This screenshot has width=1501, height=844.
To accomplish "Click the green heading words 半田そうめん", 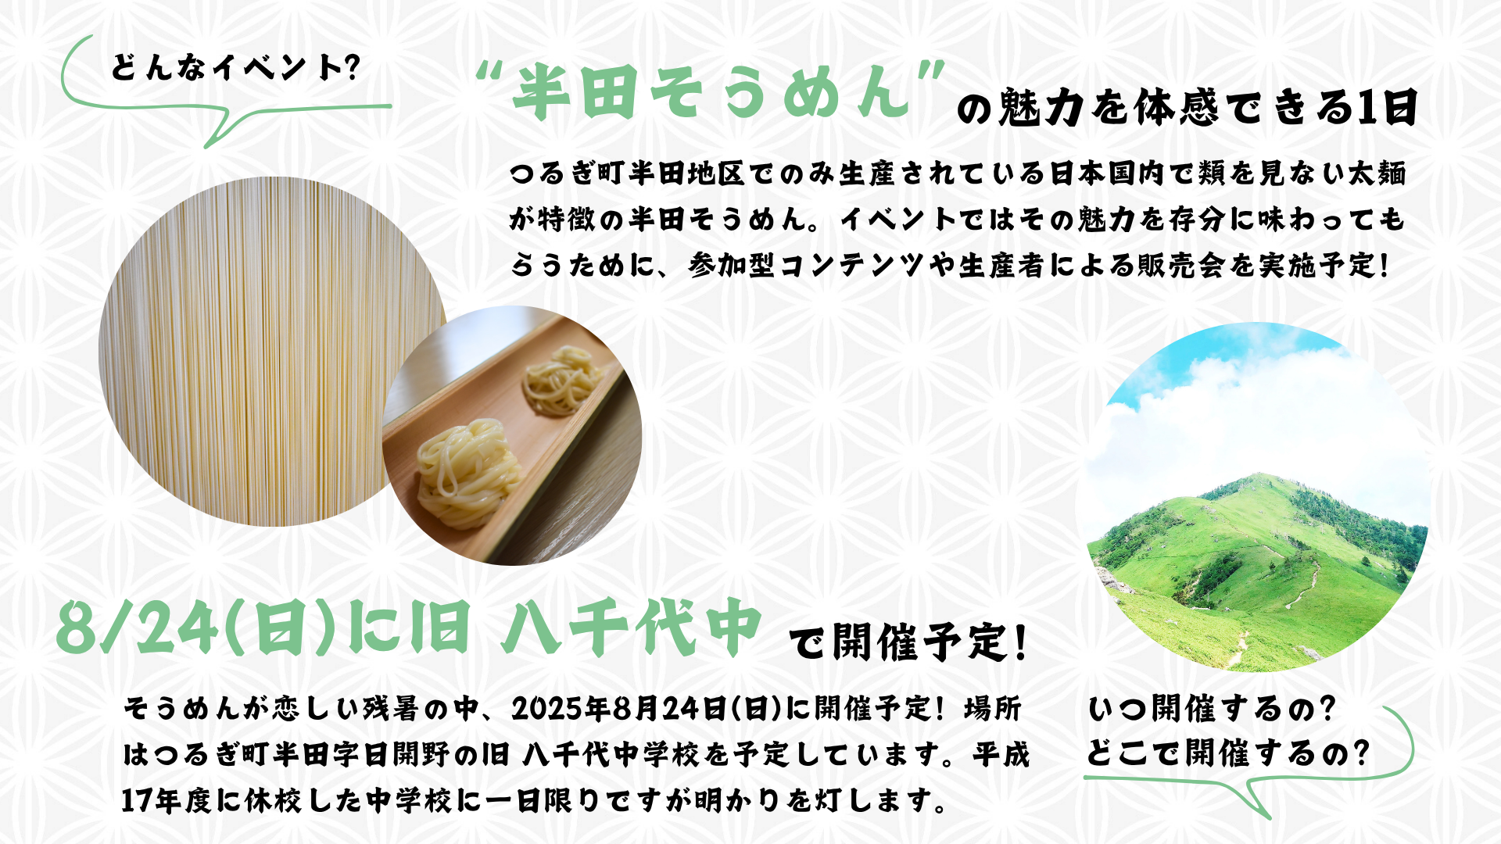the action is tap(711, 92).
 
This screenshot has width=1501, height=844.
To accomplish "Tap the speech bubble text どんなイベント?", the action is tap(235, 68).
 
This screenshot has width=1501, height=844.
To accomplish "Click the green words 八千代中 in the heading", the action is tap(632, 628).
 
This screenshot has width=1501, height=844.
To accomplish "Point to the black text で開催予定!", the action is tap(907, 642).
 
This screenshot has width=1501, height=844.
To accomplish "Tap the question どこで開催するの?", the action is tap(1228, 753).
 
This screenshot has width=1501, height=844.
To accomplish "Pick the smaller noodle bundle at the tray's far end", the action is tap(561, 381).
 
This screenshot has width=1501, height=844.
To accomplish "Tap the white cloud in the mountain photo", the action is tap(1251, 422).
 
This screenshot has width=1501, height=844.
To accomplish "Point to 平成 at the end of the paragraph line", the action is tap(1001, 754).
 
